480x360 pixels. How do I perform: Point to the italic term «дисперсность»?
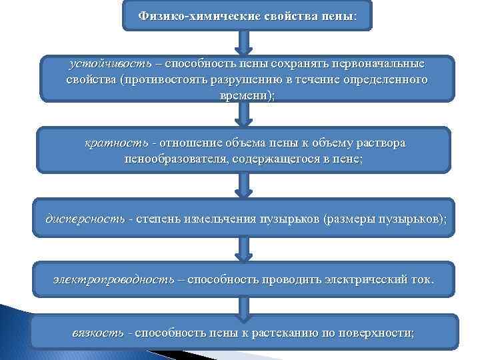coord(85,219)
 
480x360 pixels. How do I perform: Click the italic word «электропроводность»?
coord(114,279)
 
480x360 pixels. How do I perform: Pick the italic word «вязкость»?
coord(98,333)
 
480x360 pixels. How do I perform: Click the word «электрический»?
coord(364,279)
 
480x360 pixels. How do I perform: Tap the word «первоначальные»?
coord(380,65)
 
